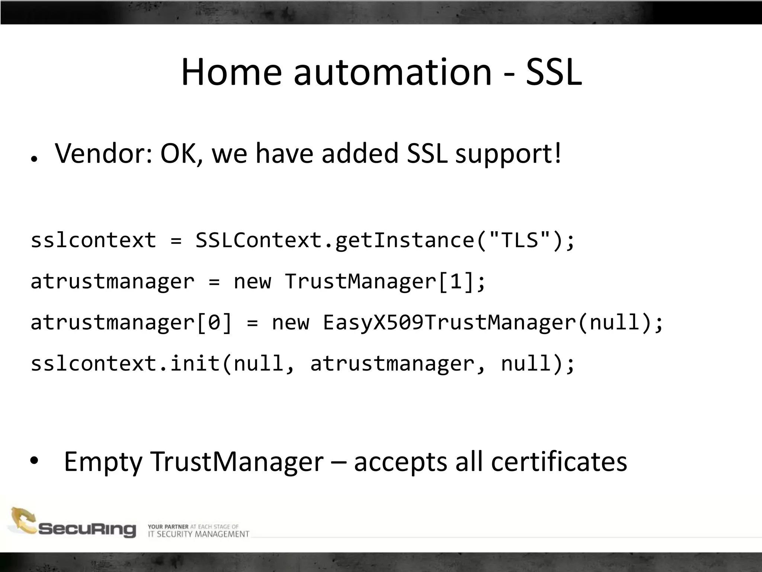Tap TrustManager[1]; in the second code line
[385, 281]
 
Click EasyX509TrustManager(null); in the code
[493, 322]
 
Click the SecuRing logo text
[87, 529]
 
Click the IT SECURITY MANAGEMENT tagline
[198, 534]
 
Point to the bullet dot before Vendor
[34, 159]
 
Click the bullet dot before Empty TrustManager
[34, 461]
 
